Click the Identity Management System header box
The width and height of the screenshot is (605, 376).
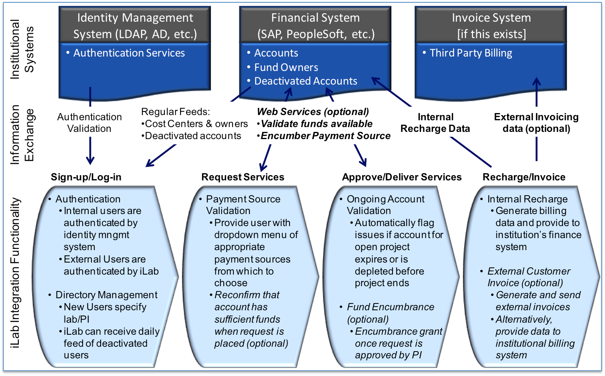(135, 25)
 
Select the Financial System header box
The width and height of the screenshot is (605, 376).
(315, 25)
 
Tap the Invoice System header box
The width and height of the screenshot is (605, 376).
(491, 25)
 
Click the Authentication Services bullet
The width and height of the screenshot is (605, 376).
(129, 53)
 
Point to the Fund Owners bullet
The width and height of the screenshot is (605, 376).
(286, 67)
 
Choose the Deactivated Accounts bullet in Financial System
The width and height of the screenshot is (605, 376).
(306, 81)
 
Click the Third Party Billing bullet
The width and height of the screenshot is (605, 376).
(471, 53)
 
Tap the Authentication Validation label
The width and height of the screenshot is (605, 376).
(89, 123)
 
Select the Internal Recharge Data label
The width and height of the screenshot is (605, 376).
(435, 123)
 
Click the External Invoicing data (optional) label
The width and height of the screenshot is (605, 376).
(536, 123)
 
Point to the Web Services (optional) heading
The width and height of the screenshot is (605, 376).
(313, 112)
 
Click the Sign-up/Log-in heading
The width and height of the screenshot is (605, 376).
(86, 177)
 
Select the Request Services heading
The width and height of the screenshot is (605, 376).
(243, 177)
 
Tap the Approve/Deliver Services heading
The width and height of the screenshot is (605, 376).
(402, 177)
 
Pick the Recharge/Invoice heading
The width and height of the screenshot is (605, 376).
(524, 177)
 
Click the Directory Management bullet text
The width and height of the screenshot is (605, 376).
(106, 295)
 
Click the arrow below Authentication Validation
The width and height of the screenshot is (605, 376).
(90, 152)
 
